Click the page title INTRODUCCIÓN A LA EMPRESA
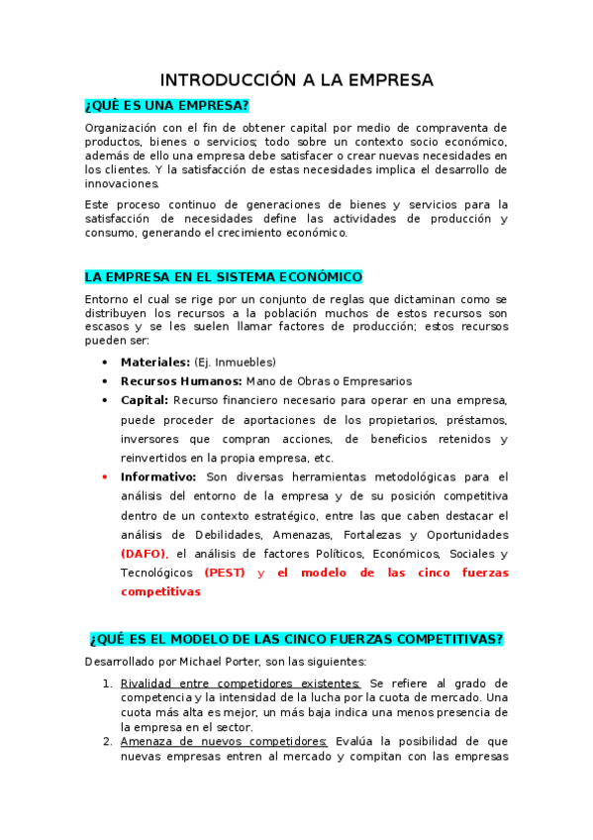297,80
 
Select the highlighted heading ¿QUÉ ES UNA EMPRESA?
166,106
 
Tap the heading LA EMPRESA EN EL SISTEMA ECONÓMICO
224,276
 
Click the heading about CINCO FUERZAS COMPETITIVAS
297,639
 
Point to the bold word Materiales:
155,362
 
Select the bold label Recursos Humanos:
181,380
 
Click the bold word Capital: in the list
145,400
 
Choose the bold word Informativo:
158,476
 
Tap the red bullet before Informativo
105,476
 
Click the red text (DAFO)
144,553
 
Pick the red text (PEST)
225,573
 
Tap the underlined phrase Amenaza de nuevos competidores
224,741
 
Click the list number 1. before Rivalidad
108,683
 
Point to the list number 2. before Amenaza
108,741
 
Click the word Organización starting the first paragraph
121,128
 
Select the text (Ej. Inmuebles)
235,362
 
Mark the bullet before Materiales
105,362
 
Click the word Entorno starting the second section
107,299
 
